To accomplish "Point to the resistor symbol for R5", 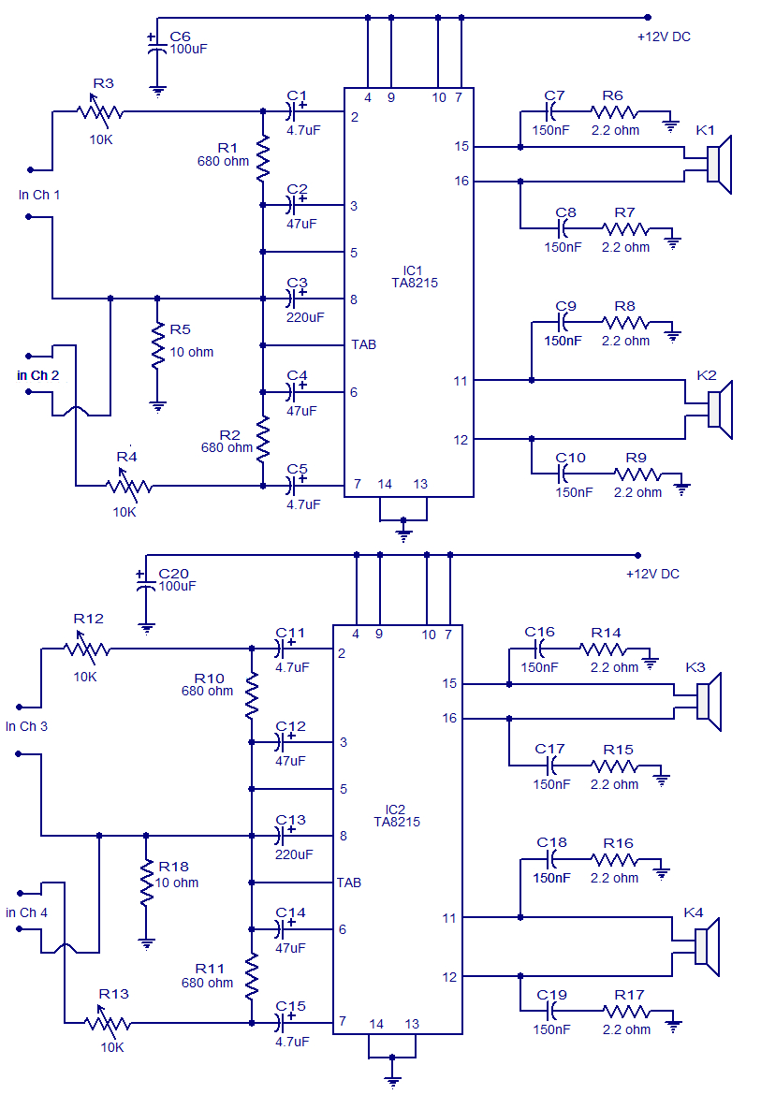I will (x=157, y=348).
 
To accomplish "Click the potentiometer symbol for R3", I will (x=98, y=112).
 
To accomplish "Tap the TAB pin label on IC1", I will (x=363, y=344).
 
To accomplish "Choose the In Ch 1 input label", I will (x=39, y=195).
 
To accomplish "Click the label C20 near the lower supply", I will (x=173, y=573).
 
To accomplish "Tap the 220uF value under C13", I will (x=294, y=854).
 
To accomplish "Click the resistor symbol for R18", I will (x=146, y=883).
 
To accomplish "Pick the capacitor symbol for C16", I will (x=540, y=649).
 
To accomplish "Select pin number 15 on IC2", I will (x=450, y=683).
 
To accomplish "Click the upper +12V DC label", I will (x=664, y=37).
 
